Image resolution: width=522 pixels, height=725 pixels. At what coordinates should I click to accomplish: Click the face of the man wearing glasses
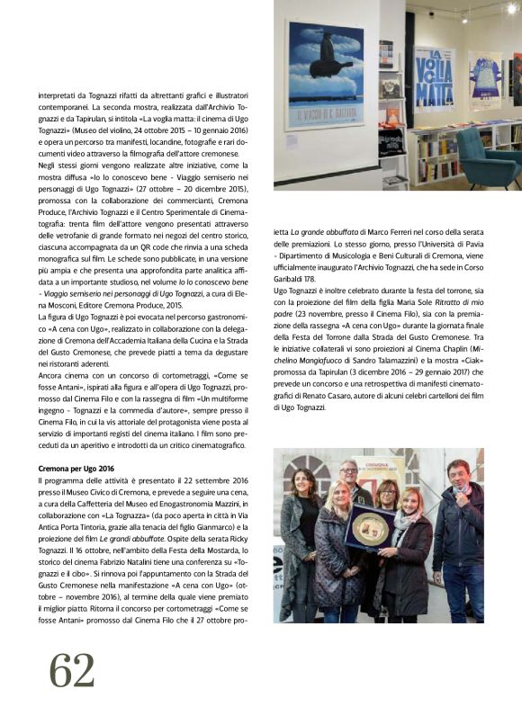pyautogui.click(x=349, y=472)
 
